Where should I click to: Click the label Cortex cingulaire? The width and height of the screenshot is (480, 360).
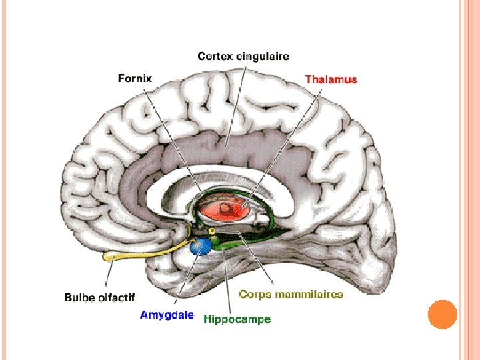243,57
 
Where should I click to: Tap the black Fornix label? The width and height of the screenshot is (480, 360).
135,78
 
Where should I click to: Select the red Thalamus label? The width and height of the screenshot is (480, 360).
331,79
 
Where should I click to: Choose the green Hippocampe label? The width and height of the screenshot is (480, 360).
237,319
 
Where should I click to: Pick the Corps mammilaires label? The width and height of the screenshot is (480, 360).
291,294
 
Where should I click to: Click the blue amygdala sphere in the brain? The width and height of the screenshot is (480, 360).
201,247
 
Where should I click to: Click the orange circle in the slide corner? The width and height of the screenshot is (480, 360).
441,315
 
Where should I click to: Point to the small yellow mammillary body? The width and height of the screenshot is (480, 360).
213,231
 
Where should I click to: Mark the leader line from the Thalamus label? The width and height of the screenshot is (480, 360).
280,140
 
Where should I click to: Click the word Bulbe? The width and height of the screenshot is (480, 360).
78,297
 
